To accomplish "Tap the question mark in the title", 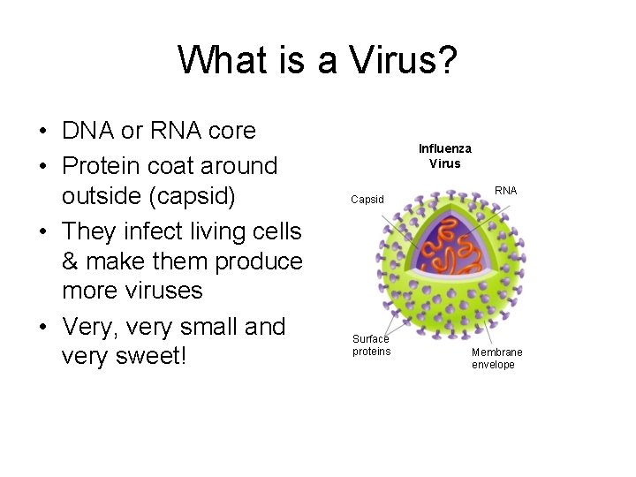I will pyautogui.click(x=446, y=61).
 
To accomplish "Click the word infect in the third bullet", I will pyautogui.click(x=163, y=231).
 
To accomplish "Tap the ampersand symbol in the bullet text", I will pyautogui.click(x=71, y=261).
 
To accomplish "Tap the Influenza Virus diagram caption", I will pyautogui.click(x=444, y=155).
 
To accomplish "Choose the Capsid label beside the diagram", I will pyautogui.click(x=367, y=200).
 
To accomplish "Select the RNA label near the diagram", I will pyautogui.click(x=506, y=190).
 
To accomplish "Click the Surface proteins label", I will pyautogui.click(x=371, y=345).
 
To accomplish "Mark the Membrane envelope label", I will pyautogui.click(x=496, y=358).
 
